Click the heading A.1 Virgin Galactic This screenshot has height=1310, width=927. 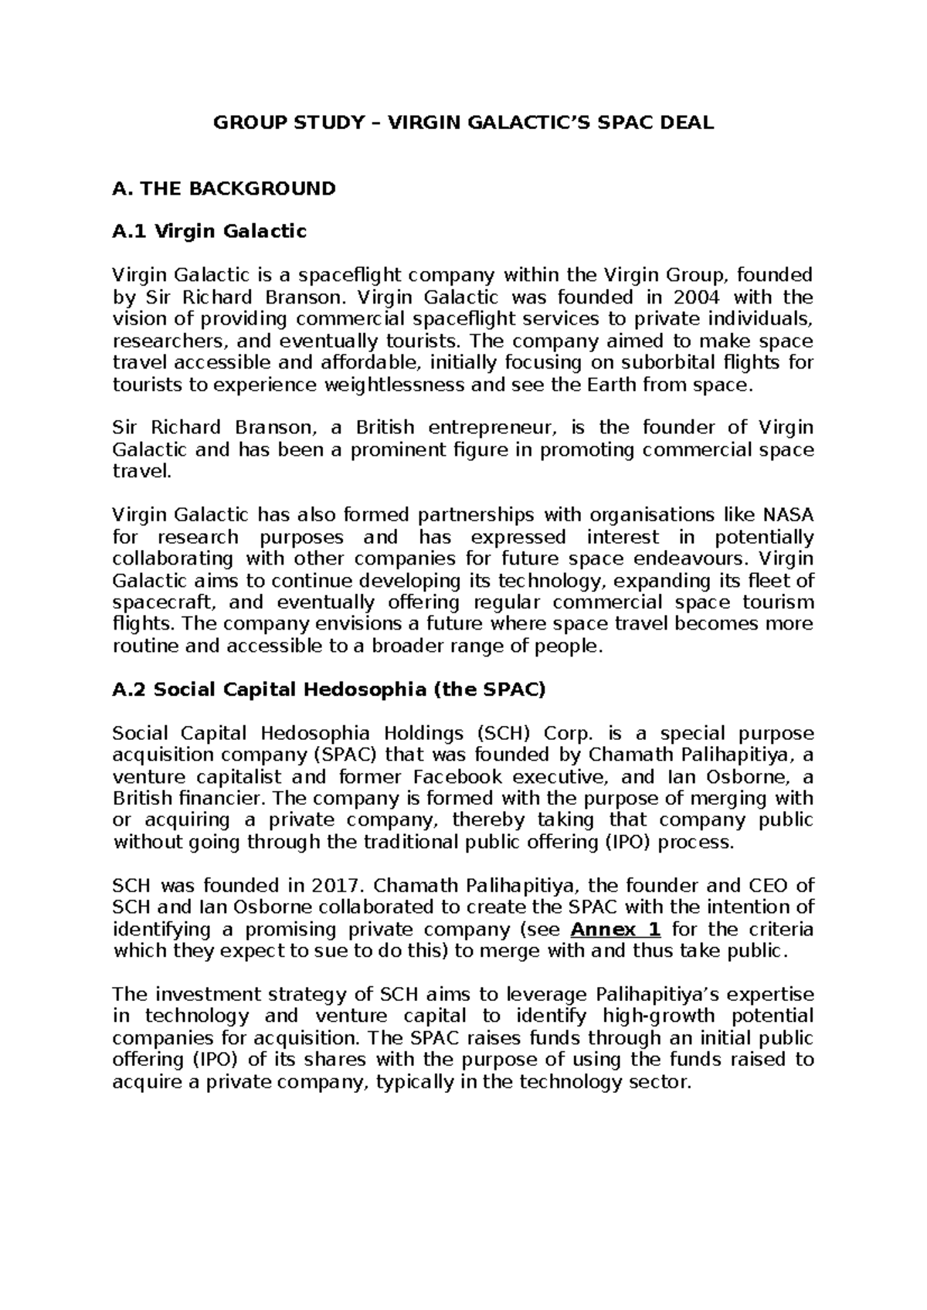pyautogui.click(x=209, y=231)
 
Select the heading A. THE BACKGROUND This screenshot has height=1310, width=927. pyautogui.click(x=224, y=188)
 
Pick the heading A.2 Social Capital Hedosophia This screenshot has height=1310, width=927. pyautogui.click(x=329, y=691)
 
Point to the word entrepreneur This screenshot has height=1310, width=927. pyautogui.click(x=494, y=428)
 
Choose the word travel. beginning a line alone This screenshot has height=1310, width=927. pyautogui.click(x=141, y=471)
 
